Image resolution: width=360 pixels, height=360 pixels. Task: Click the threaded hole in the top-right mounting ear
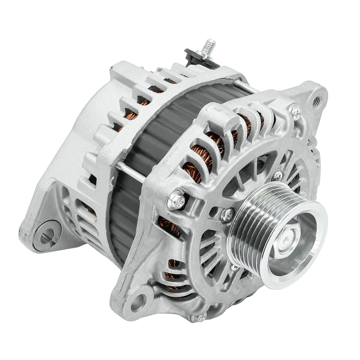(x=319, y=96)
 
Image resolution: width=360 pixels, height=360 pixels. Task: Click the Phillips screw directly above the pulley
(x=278, y=175)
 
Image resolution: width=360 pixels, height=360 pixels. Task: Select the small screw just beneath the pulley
(x=234, y=269)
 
